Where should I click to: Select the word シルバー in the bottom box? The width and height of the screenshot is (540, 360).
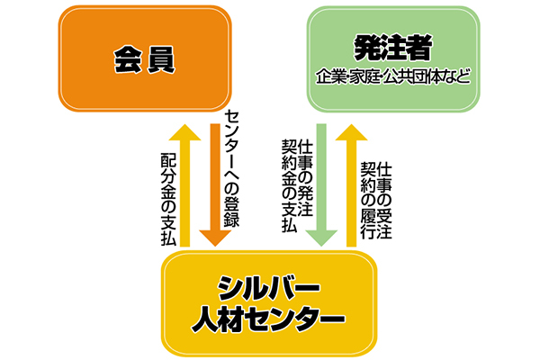(270, 289)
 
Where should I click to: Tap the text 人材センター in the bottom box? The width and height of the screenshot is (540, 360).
(270, 318)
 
